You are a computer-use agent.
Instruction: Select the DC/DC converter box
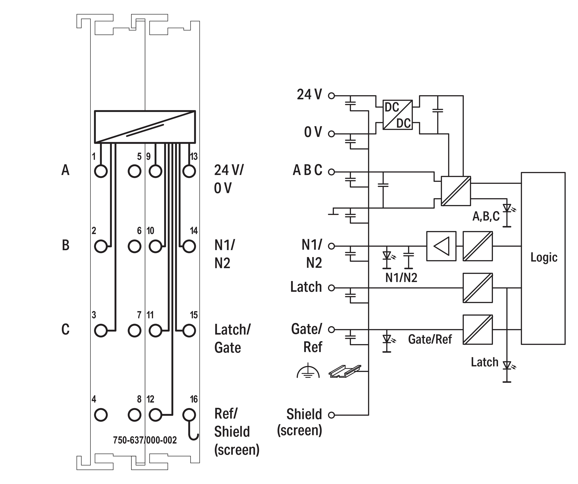(x=397, y=115)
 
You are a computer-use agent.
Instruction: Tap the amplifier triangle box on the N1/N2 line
(x=441, y=246)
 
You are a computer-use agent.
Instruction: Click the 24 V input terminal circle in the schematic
(x=332, y=96)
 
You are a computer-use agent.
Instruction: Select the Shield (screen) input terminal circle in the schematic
(x=332, y=415)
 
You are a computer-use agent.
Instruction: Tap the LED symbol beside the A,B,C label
(x=507, y=208)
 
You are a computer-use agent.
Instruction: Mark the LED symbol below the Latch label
(x=507, y=366)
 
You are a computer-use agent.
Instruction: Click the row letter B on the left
(x=65, y=245)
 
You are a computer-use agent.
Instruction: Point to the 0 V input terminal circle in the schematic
(x=332, y=134)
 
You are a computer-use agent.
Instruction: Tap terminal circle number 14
(x=189, y=246)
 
